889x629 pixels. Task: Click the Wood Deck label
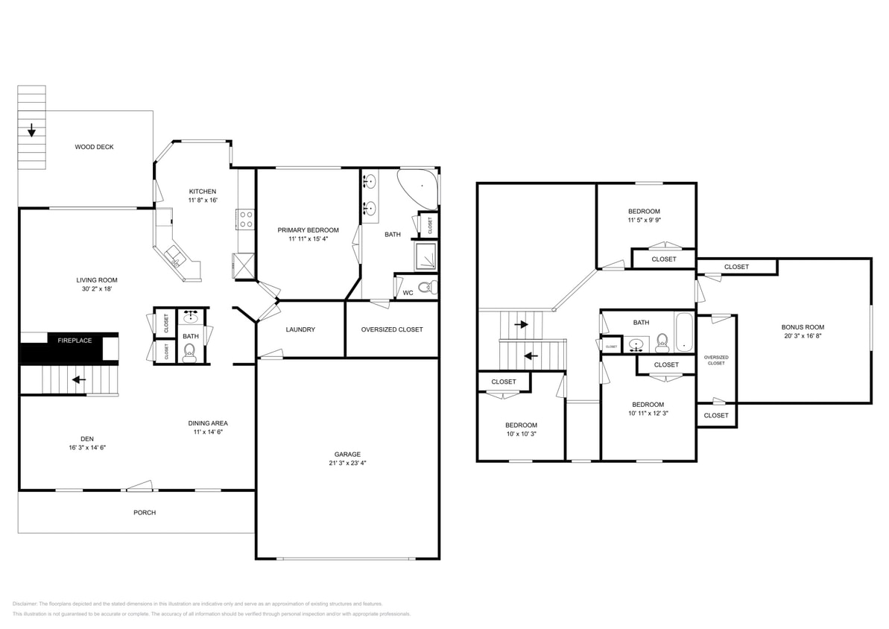[x=94, y=147]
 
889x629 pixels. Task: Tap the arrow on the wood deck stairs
[x=31, y=132]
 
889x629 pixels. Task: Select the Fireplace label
[x=75, y=341]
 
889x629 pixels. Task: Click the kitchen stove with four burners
[x=245, y=219]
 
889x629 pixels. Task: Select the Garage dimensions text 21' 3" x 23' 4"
[x=347, y=463]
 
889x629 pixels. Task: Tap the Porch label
[x=145, y=513]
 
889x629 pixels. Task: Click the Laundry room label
[x=300, y=329]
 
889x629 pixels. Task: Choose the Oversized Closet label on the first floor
[x=391, y=329]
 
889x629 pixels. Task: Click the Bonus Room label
[x=803, y=327]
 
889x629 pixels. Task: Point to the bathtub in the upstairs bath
[x=684, y=333]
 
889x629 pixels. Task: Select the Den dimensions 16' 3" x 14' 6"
[x=86, y=448]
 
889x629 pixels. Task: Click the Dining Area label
[x=208, y=423]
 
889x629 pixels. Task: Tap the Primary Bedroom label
[x=308, y=230]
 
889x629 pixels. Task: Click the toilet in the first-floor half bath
[x=190, y=353]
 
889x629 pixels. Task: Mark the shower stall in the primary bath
[x=426, y=256]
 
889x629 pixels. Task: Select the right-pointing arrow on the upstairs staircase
[x=521, y=324]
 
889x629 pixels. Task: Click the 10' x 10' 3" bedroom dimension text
[x=521, y=434]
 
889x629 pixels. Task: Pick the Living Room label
[x=97, y=280]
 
